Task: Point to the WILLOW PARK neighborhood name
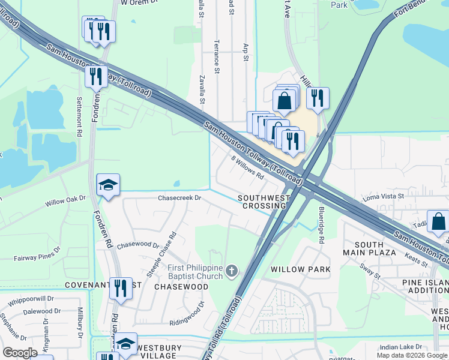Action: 300,269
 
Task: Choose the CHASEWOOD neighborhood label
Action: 181,287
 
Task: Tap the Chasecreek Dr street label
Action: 178,197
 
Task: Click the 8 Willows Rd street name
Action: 248,167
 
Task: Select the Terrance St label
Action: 217,57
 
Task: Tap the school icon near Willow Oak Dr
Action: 108,185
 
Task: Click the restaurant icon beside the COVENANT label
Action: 121,288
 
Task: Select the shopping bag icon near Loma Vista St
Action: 438,221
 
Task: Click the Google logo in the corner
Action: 20,353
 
